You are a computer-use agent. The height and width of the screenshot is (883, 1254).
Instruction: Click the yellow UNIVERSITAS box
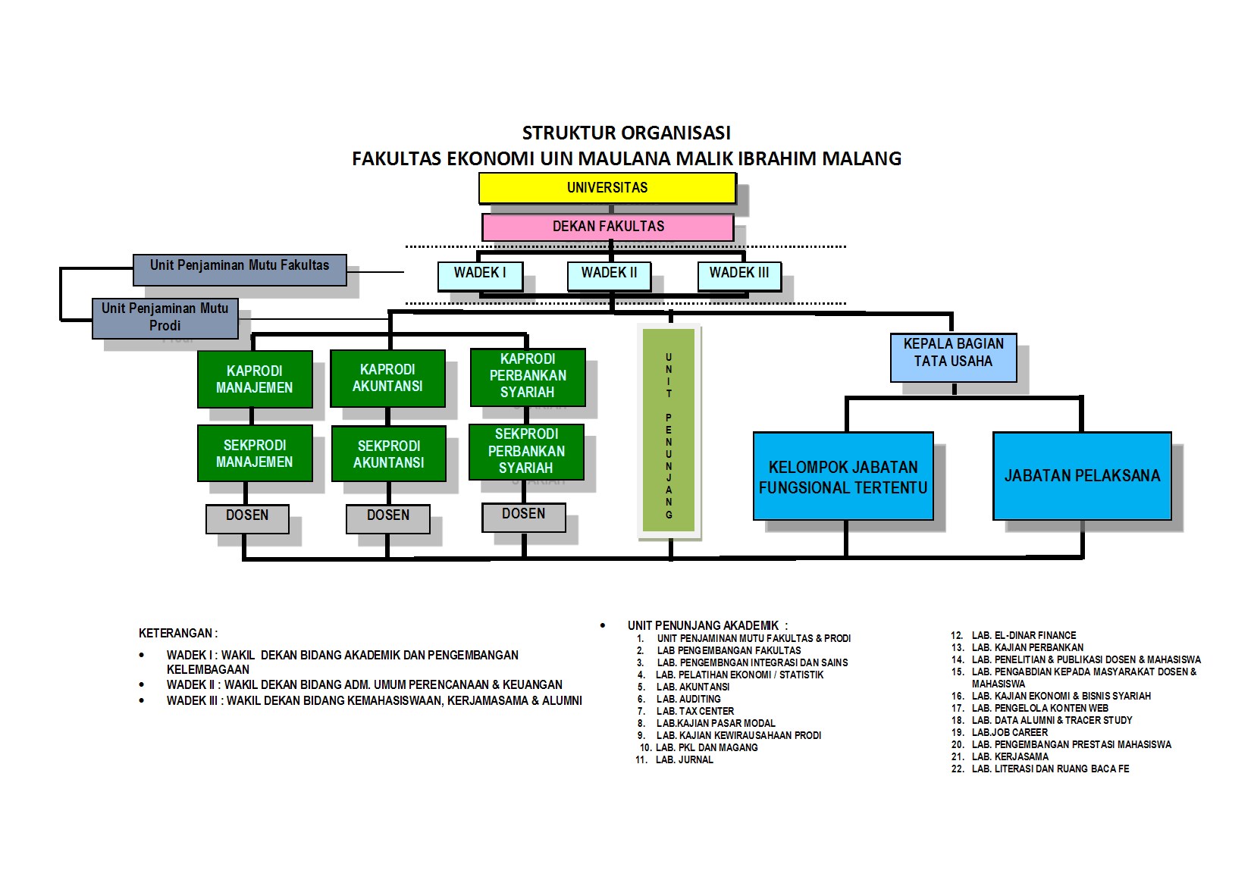607,188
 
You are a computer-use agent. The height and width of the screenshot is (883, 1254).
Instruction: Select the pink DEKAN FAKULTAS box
607,227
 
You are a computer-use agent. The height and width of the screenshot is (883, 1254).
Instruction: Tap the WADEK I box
480,275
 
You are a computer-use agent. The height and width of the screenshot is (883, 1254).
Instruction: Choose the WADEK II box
609,275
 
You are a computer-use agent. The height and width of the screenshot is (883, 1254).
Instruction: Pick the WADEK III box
738,275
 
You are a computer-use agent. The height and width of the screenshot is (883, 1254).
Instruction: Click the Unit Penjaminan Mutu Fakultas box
240,269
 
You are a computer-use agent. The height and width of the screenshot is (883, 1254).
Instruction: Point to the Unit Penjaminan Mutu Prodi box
165,318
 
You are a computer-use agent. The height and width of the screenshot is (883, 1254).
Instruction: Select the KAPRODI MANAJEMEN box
254,379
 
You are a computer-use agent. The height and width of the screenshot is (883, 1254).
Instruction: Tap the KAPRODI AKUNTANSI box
387,378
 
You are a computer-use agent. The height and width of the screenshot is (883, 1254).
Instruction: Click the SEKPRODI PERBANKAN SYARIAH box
526,451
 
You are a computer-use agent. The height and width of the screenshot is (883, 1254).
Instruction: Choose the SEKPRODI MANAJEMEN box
254,453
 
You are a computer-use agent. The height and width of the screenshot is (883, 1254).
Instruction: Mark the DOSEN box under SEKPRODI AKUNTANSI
387,518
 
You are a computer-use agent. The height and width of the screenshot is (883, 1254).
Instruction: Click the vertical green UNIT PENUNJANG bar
669,430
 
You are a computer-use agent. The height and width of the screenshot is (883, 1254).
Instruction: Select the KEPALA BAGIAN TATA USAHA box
953,356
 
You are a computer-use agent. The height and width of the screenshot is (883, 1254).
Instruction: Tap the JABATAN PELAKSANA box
1082,476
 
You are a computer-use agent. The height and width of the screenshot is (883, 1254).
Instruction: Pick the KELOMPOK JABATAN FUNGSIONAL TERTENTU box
843,477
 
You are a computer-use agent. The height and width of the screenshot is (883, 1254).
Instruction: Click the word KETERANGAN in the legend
177,633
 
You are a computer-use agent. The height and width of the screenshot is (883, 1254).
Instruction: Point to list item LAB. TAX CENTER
695,711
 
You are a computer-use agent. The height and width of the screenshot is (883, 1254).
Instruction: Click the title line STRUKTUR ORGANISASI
626,133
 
